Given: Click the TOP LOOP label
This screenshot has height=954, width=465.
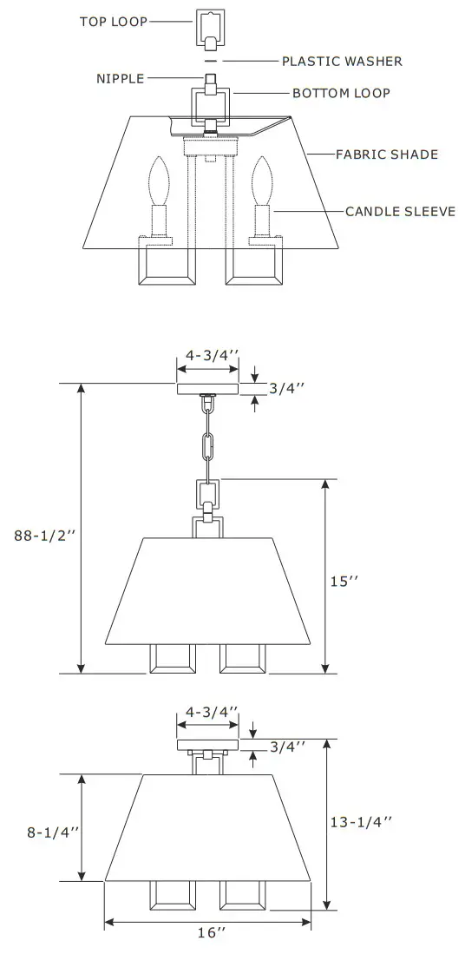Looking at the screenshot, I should pos(115,21).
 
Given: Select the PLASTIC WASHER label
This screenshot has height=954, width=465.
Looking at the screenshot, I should pos(342,62).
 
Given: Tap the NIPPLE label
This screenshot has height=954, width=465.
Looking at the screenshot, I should pos(121,79).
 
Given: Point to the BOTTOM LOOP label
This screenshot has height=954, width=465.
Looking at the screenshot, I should pos(341,93).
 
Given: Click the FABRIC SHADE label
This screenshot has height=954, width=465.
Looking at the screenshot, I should pos(387,155).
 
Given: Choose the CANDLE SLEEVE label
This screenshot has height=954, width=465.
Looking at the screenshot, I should pos(400,211).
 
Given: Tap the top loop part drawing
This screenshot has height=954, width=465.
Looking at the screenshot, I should pos(209,28).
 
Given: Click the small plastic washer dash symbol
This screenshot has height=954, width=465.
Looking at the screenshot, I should pos(209,62).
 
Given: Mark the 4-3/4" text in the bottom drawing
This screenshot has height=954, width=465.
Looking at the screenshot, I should pos(208,712).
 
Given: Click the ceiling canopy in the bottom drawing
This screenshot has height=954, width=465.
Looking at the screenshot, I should pos(207,744).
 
